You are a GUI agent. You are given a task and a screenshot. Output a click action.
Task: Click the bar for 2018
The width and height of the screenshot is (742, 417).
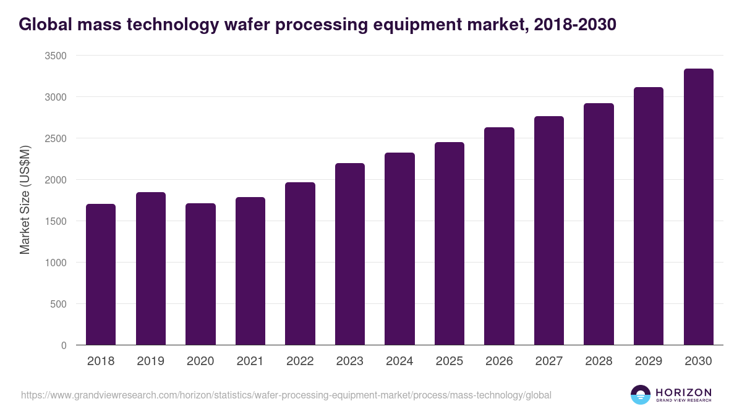pos(101,274)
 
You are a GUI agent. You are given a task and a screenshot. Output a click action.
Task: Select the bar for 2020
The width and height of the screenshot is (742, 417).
pos(200,274)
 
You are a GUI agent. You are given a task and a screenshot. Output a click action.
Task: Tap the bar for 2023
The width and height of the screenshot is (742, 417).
pos(350,254)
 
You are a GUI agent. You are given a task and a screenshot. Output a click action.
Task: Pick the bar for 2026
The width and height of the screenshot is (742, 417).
pos(499,236)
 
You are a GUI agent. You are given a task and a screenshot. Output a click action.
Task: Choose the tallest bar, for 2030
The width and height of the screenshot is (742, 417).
pos(698,207)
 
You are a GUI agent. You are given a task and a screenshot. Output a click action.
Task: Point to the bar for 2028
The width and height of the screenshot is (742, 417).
pos(599,224)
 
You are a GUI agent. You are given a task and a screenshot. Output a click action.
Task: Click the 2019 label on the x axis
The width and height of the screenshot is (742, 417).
pos(150,361)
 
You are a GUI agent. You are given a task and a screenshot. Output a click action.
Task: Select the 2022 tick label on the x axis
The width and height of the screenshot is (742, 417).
pos(300,361)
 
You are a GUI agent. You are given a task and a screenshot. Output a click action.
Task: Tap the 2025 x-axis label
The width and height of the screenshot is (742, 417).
pos(450,361)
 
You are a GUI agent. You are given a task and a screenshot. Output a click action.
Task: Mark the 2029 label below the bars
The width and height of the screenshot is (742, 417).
pos(649,361)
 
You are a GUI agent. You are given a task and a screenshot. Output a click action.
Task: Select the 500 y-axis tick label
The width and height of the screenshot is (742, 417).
pos(58,304)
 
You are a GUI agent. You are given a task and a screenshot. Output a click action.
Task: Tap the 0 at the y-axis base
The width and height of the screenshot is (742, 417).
pos(64,345)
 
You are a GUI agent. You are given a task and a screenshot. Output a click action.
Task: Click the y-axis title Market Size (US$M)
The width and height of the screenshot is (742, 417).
pos(25,200)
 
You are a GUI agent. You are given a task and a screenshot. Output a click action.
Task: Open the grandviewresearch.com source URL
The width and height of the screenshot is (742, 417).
pos(286,395)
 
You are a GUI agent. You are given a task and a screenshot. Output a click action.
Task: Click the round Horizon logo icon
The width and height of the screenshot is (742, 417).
pos(640,395)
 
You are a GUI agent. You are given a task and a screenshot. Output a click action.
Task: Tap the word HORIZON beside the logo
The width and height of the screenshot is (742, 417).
pos(683,392)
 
